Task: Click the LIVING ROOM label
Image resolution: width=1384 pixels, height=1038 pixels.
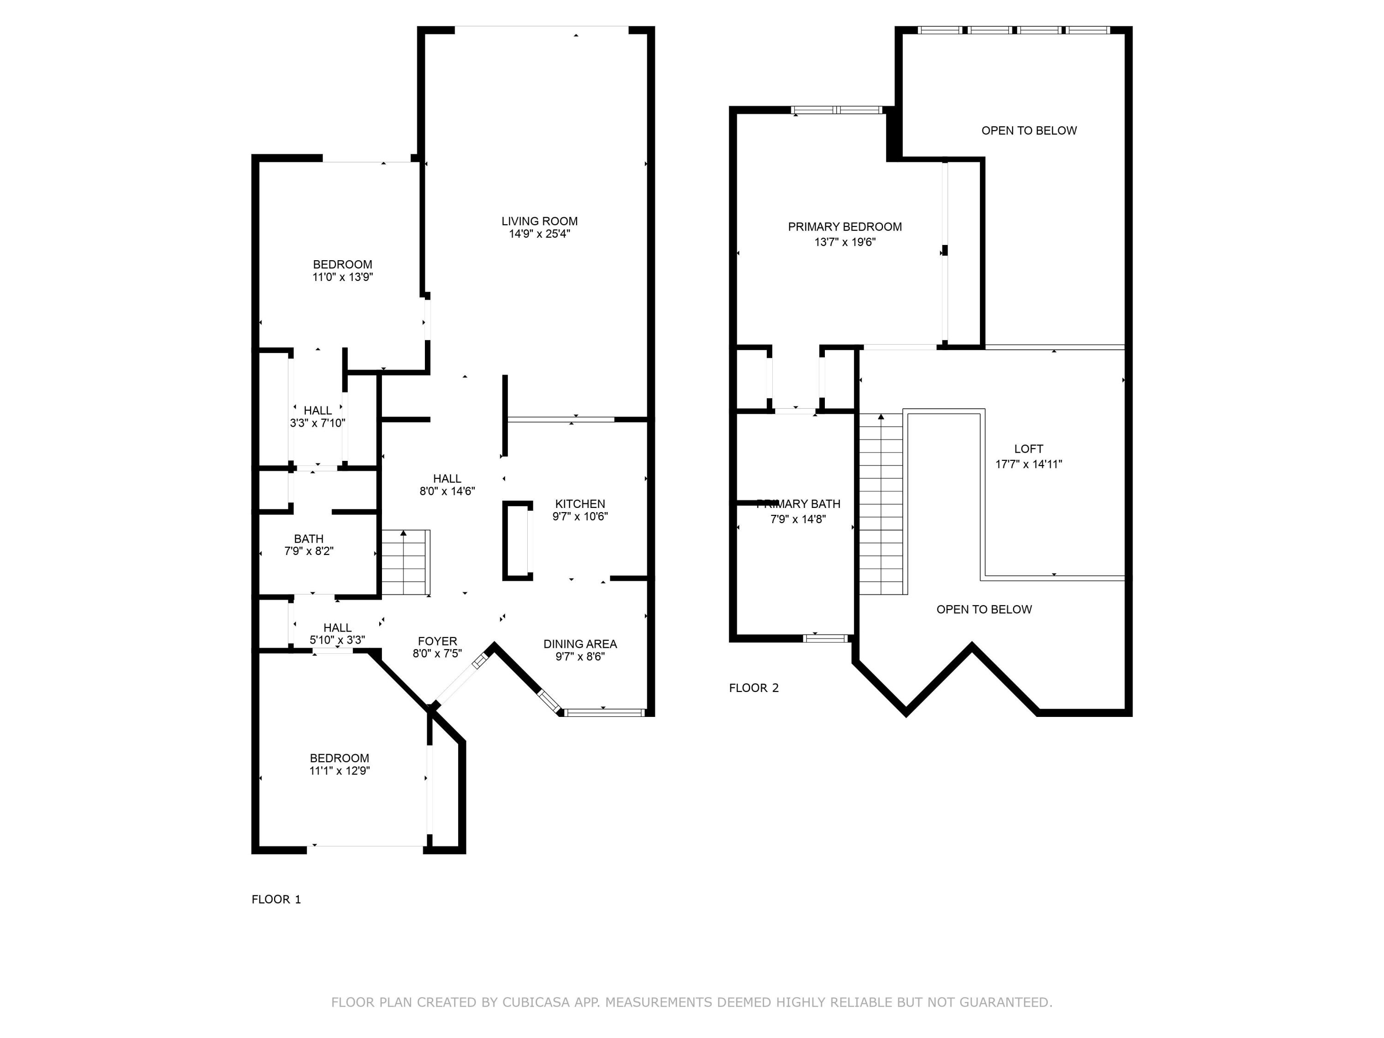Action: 539,221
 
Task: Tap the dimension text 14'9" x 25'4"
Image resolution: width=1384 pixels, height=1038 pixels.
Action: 539,234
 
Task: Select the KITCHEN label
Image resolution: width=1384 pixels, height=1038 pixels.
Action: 580,504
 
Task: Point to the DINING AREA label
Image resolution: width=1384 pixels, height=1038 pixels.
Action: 580,644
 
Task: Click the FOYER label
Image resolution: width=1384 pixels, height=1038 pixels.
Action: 437,641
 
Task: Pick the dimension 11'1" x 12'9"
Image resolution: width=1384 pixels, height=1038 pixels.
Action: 339,771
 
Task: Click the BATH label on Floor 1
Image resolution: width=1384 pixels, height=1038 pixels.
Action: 309,539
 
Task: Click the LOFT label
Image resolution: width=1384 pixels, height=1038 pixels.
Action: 1029,448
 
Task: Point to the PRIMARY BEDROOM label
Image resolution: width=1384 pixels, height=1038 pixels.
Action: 845,227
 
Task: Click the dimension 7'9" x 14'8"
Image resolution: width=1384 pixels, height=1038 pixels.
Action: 798,519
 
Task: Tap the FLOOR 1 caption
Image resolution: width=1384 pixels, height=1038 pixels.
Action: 276,900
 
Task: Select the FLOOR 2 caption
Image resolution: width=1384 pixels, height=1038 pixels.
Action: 753,688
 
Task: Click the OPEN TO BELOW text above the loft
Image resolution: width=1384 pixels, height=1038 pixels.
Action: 1029,131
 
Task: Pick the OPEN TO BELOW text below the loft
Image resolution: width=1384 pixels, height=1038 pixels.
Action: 984,609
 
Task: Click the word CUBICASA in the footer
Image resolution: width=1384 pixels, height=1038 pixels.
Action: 536,1002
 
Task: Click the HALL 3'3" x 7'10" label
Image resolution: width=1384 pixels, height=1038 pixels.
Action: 317,417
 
